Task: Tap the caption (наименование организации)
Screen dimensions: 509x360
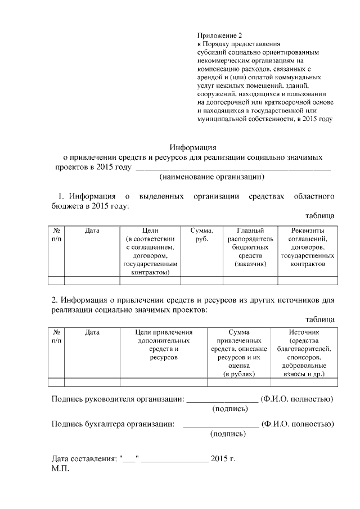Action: click(x=212, y=177)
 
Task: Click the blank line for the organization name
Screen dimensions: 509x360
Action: click(x=233, y=168)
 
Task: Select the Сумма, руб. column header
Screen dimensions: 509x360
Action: click(x=201, y=235)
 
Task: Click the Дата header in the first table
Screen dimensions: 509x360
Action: click(x=92, y=231)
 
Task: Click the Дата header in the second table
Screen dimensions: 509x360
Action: click(x=92, y=332)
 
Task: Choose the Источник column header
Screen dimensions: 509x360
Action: click(x=304, y=353)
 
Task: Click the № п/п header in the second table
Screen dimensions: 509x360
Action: click(x=57, y=336)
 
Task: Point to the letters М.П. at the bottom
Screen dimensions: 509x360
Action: click(x=60, y=469)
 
